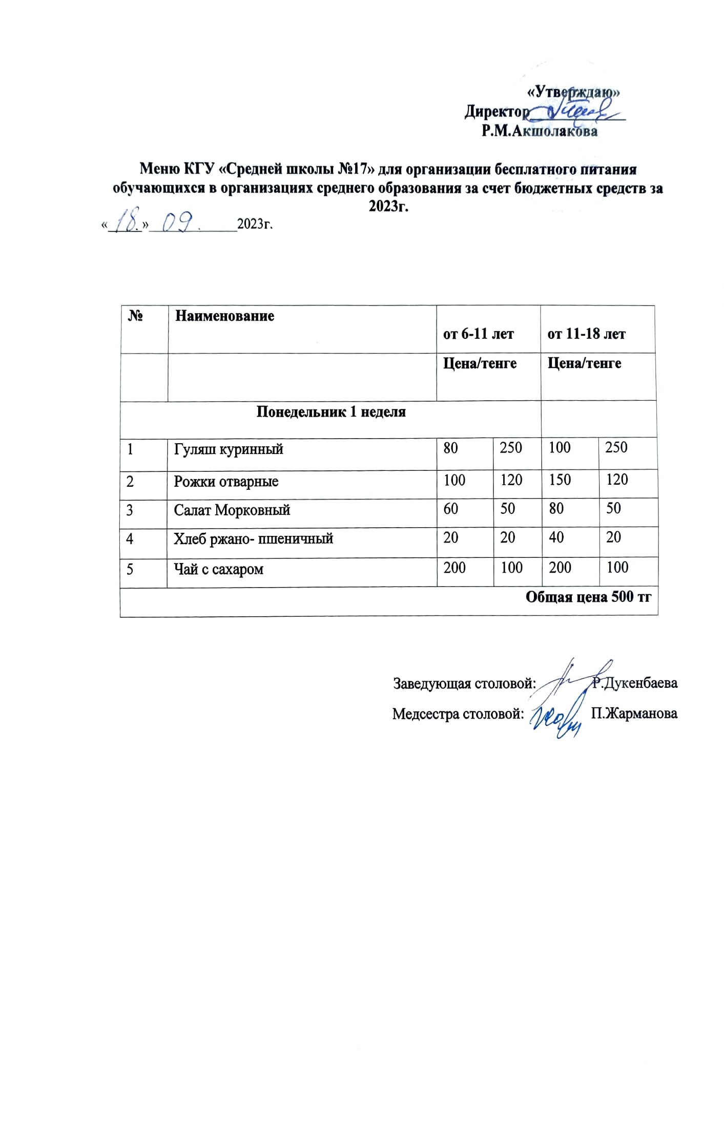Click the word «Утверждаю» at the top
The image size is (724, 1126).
coord(574,92)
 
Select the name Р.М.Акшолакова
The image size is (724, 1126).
coord(539,132)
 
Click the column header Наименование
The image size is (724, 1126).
coord(224,316)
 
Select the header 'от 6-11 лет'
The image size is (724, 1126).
coord(478,334)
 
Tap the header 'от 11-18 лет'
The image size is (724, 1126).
coord(586,334)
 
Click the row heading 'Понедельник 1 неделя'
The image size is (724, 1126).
coord(330,412)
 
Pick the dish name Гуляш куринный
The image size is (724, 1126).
coord(229,449)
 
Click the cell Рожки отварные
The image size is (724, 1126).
coord(226,482)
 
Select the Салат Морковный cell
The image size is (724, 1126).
coord(232,510)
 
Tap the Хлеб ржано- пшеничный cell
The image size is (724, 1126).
coord(253,538)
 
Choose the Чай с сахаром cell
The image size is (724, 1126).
coord(218,569)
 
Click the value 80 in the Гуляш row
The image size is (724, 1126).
coord(450,448)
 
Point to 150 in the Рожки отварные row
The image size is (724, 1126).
coord(560,480)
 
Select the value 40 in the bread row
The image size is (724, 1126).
coord(556,537)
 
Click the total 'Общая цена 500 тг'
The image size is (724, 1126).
coord(588,597)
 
